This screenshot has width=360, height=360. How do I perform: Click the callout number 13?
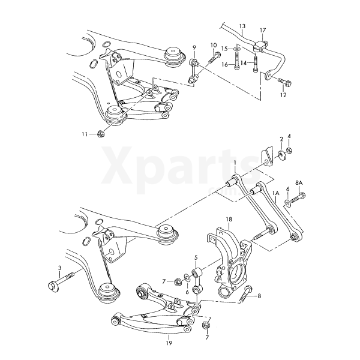pos(242,26)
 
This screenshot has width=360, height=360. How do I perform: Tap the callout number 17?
pos(263,31)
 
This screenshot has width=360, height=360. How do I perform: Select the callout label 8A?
pos(299,183)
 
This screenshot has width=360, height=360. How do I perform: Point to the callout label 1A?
pos(275,193)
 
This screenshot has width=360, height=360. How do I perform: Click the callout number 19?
pos(169,343)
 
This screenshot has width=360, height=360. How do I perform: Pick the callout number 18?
pos(229,219)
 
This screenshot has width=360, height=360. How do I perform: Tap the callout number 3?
pos(59,268)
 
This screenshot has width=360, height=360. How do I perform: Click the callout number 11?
pos(85,134)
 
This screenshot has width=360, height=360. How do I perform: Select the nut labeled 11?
pos(101,133)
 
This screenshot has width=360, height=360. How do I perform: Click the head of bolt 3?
pos(52,287)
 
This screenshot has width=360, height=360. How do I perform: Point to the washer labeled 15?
pos(238,49)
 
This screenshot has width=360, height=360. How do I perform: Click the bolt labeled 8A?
pos(298,198)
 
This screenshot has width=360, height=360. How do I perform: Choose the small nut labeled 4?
pos(289,151)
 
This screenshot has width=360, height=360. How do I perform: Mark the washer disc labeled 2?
pos(281,155)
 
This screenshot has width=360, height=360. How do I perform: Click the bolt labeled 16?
pos(237,60)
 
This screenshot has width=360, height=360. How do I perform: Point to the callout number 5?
pos(196,257)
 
